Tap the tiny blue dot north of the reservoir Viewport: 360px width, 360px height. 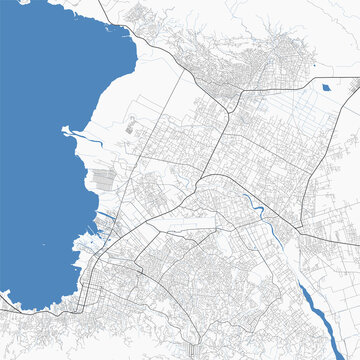[x=314, y=66]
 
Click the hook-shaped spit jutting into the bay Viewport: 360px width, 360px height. [x=69, y=130]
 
